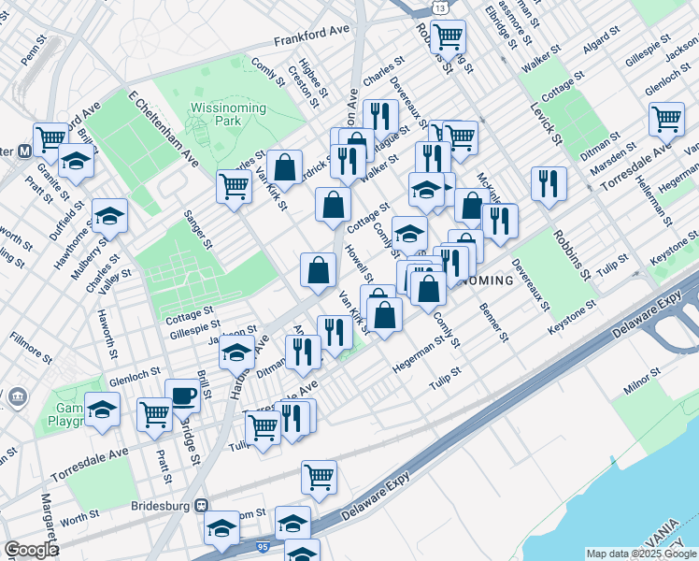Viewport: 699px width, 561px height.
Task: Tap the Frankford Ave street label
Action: click(311, 36)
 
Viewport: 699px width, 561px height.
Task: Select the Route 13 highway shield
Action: click(440, 7)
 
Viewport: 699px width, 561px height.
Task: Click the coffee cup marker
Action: click(182, 395)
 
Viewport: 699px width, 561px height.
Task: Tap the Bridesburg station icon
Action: click(201, 505)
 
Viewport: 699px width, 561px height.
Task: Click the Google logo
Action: click(31, 550)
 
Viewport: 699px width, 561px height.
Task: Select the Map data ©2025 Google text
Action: click(640, 554)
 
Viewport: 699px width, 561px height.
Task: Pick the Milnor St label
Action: click(643, 376)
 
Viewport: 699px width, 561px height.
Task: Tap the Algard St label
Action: click(596, 48)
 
